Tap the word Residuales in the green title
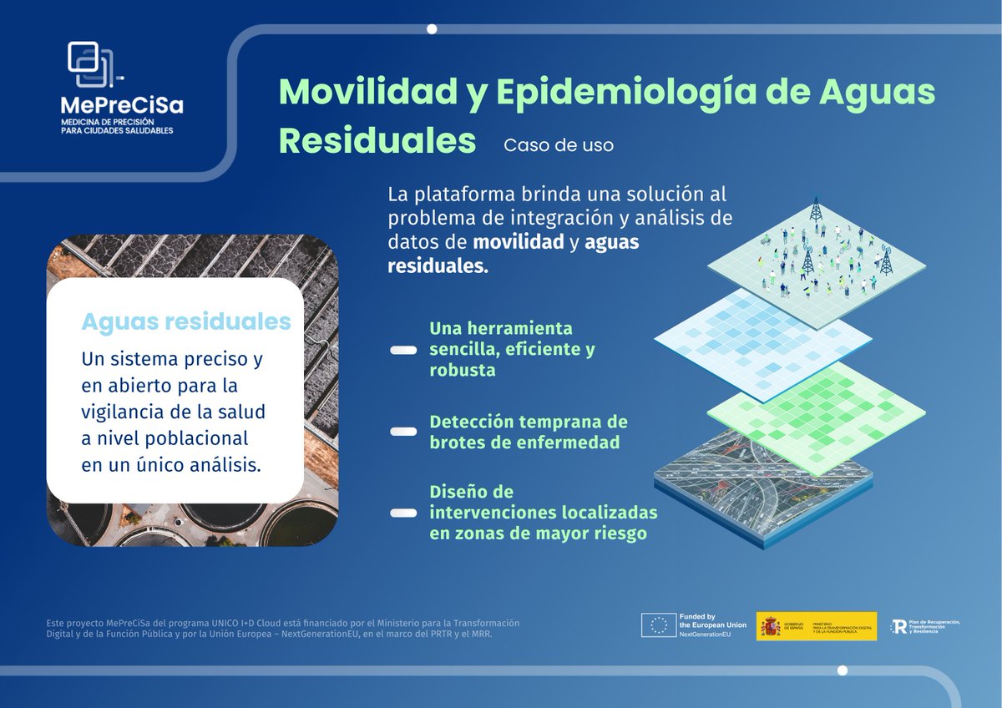pos(377,141)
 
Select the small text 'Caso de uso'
pos(559,145)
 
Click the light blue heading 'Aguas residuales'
pos(185,322)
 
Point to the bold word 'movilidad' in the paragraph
pos(518,243)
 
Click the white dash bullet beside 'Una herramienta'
pos(404,351)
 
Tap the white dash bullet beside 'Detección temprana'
pos(404,432)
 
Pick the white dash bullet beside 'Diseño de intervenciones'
pos(404,513)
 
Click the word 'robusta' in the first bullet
pos(463,370)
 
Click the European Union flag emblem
pos(658,625)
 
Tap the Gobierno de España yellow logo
pos(816,626)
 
